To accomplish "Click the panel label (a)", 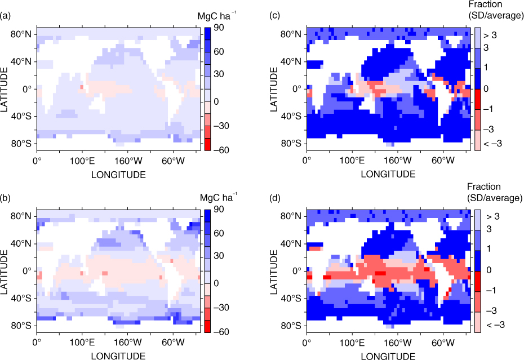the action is point(5,16).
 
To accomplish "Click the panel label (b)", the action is point(5,198).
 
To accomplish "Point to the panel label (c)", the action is point(275,16).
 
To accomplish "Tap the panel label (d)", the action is point(275,198).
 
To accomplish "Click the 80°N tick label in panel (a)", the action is point(21,34).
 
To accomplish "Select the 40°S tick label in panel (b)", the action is point(21,298).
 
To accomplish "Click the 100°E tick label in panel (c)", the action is point(352,161).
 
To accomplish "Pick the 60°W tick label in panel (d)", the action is point(443,343).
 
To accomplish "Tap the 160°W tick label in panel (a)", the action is point(128,161).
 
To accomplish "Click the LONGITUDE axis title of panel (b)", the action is point(118,355).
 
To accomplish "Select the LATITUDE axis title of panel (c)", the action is point(274,89).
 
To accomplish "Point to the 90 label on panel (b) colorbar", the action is point(219,209).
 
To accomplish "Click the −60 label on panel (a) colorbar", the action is point(221,150).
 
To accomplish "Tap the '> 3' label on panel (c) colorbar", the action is point(490,35).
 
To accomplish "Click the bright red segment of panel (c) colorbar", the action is point(477,99).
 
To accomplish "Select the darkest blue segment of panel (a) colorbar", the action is point(207,34).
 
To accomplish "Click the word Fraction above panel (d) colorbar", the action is point(483,186).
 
